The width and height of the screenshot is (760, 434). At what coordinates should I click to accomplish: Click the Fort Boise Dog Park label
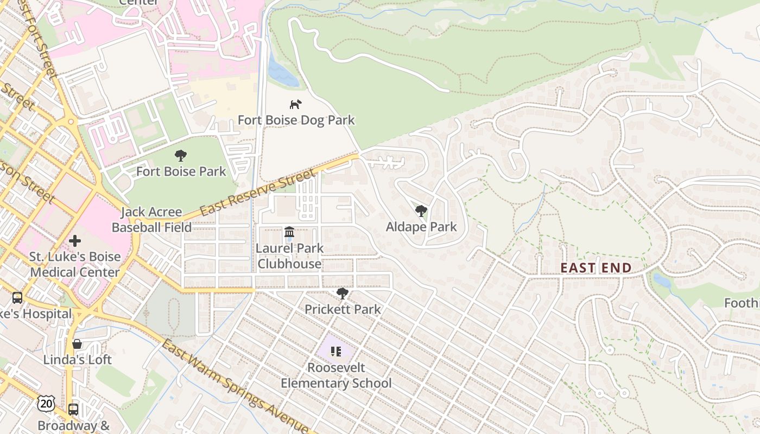click(x=296, y=120)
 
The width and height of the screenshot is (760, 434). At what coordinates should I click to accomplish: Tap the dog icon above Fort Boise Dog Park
click(x=295, y=104)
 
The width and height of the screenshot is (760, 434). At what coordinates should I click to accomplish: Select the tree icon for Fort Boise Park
click(x=181, y=156)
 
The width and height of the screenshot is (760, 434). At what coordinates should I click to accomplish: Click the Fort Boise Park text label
click(x=181, y=171)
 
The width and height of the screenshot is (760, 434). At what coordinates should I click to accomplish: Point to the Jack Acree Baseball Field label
click(x=151, y=220)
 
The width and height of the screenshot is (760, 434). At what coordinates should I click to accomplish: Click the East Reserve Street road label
click(x=257, y=193)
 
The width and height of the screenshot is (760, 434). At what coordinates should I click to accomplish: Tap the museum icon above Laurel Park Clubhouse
click(x=289, y=232)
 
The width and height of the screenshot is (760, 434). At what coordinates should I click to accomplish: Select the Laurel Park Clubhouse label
click(x=290, y=256)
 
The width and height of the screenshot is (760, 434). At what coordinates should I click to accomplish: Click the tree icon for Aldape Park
click(x=421, y=211)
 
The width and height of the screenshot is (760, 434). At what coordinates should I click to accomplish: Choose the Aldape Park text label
click(x=421, y=227)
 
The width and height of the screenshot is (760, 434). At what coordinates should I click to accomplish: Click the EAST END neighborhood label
click(x=596, y=268)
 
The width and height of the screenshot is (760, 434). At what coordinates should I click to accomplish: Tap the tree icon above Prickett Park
click(x=342, y=293)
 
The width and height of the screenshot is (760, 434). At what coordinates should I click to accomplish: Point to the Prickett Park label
click(x=343, y=309)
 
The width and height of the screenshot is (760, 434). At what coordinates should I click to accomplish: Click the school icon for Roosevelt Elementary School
click(x=336, y=352)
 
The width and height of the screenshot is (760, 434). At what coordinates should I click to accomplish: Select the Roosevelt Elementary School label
click(x=336, y=375)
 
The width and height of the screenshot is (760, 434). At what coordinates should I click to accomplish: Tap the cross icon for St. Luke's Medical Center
click(x=75, y=240)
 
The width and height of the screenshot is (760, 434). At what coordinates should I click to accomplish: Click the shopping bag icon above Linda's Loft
click(x=77, y=344)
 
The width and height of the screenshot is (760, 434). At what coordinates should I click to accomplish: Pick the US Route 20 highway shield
click(x=46, y=403)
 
